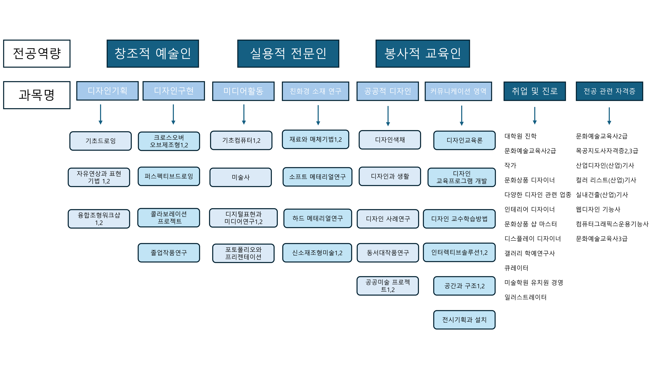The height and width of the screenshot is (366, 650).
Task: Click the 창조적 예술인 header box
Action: tap(153, 54)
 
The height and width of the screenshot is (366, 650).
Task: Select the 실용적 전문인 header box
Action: tap(288, 54)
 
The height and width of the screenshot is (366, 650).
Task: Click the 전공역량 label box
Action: tap(37, 54)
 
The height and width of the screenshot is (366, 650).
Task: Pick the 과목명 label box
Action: tap(37, 95)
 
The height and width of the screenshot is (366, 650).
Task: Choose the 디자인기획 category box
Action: tap(107, 91)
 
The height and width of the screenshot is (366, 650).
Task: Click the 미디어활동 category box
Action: tap(243, 91)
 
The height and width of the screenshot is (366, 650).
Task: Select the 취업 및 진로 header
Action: tap(534, 91)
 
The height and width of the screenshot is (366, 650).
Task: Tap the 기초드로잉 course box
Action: tap(100, 141)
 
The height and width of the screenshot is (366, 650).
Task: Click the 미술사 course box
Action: tap(240, 177)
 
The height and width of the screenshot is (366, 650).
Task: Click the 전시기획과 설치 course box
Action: tap(464, 319)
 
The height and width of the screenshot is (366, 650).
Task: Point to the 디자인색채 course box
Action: tap(390, 140)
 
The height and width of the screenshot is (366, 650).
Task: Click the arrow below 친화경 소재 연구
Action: tap(318, 115)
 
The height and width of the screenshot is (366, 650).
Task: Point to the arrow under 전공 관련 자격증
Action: tap(609, 116)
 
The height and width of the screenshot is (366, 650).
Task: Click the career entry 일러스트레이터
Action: tap(525, 297)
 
